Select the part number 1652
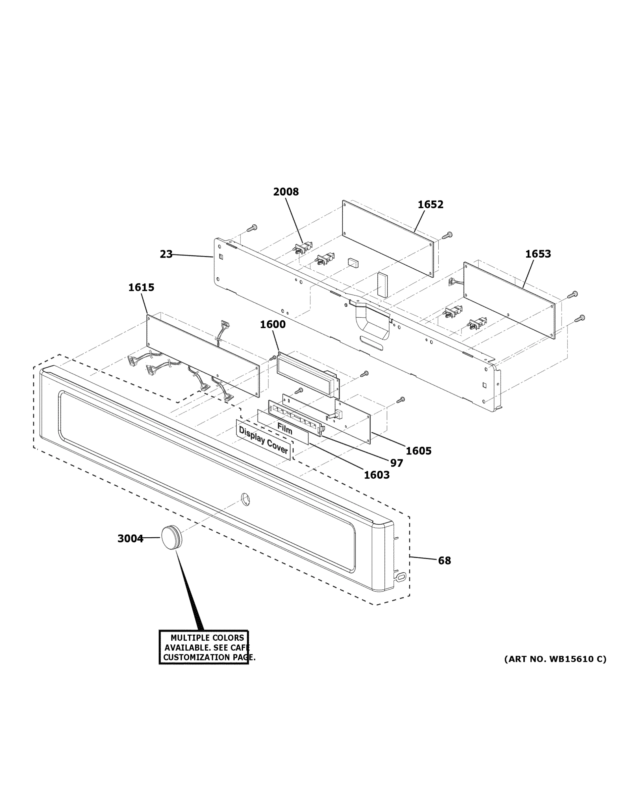430,205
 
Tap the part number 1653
538,254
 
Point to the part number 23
166,254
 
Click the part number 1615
141,287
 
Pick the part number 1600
273,324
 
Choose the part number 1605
419,451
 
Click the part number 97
396,463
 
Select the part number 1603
377,475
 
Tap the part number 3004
130,539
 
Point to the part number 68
444,560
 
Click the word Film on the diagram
285,429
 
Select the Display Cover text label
263,440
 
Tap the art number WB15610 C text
555,659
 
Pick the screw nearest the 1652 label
448,235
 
